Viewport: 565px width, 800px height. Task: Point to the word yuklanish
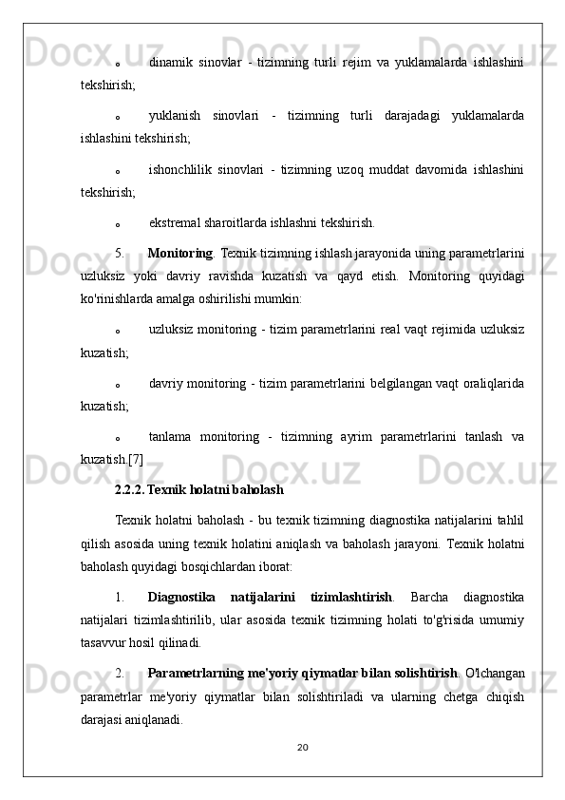click(x=174, y=116)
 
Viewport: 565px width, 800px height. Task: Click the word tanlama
click(x=172, y=438)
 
